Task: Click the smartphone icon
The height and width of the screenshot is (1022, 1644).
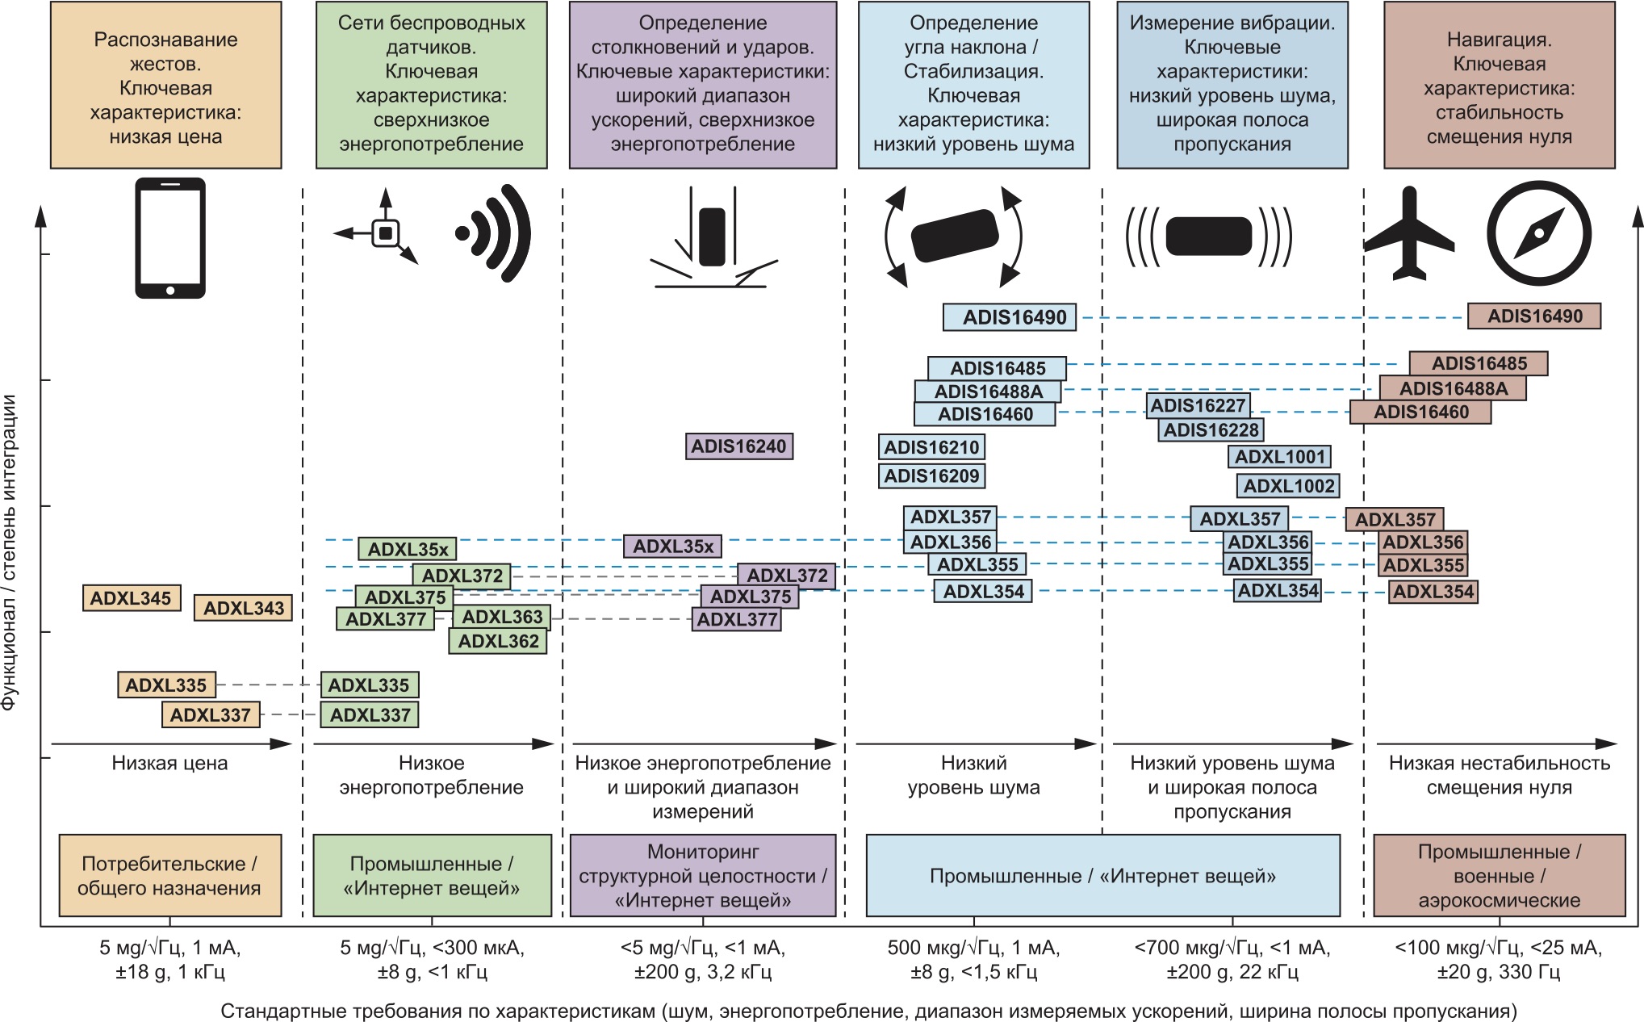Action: click(x=169, y=237)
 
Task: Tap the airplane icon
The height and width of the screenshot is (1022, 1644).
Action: click(x=1409, y=234)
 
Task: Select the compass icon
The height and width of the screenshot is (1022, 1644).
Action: click(x=1539, y=234)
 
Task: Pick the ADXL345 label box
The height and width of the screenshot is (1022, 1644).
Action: click(x=131, y=598)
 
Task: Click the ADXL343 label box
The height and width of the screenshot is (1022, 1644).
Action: click(x=243, y=608)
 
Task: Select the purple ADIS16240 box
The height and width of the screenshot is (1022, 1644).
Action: click(x=738, y=446)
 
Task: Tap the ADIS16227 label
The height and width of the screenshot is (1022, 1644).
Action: click(x=1198, y=405)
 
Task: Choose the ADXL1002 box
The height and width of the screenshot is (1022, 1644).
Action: click(x=1288, y=486)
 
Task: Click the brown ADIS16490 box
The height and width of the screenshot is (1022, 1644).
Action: click(x=1534, y=316)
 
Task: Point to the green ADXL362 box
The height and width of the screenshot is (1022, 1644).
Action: click(x=498, y=641)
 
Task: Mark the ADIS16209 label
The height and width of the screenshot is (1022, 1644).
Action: click(x=931, y=475)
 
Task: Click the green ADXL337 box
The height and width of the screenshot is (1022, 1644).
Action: click(x=370, y=714)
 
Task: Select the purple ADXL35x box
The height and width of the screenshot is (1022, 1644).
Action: click(x=672, y=547)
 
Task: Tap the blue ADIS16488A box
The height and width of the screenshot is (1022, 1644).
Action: click(x=988, y=392)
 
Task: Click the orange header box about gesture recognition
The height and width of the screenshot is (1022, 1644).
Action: click(x=165, y=86)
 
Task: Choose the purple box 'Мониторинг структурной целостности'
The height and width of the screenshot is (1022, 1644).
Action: click(x=702, y=876)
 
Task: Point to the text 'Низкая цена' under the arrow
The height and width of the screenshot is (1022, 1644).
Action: click(x=169, y=763)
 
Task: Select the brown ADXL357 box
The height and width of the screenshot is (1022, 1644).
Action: click(x=1395, y=519)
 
